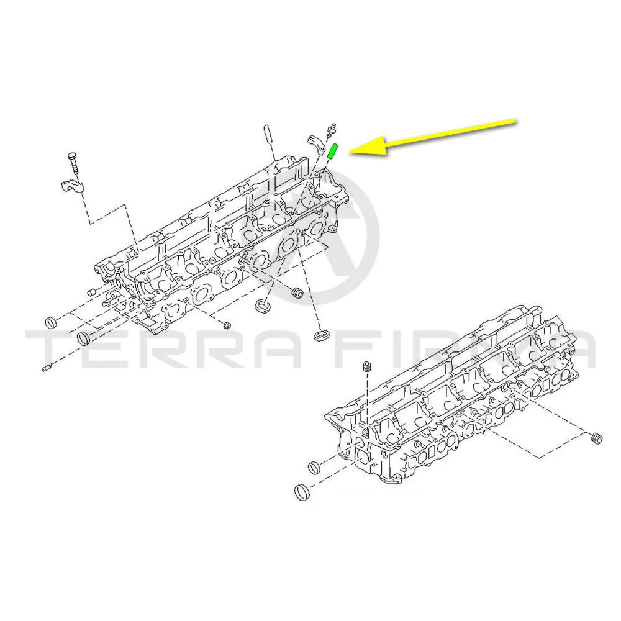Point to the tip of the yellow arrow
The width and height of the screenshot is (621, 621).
pos(348,152)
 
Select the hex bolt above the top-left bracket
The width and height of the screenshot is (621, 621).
pos(73,163)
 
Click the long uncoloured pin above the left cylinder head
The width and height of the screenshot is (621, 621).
pos(267,135)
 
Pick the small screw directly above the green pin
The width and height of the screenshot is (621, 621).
pos(331,130)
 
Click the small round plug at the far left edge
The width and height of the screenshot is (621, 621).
pos(51,323)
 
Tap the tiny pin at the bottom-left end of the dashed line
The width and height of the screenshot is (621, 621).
pos(46,368)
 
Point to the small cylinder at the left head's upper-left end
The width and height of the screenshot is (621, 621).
pos(92,292)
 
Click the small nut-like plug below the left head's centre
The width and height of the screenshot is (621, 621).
pos(227,325)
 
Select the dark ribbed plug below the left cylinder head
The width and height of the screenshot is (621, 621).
pos(297,294)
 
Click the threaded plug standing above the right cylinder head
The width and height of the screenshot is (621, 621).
pos(368,367)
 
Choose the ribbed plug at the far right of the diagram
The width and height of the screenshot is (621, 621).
pos(596,438)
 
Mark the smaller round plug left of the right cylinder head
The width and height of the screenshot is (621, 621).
pos(314,468)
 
